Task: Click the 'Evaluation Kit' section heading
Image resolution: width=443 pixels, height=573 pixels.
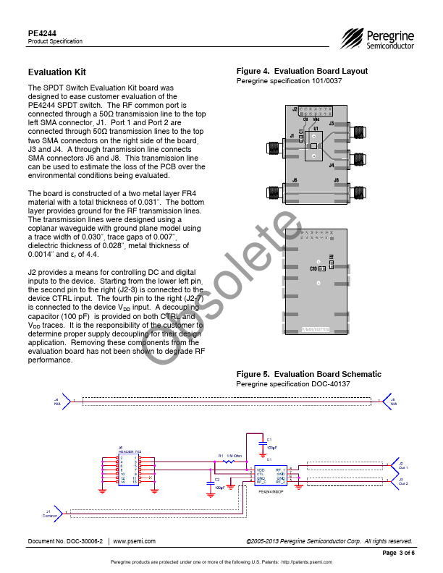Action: point(56,72)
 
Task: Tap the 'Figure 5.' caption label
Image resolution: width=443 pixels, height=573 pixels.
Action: point(253,374)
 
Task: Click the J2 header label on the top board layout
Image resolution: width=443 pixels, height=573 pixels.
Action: point(295,110)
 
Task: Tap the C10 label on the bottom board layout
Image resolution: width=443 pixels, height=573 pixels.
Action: point(313,268)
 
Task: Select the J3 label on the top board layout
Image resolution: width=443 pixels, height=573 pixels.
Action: point(332,124)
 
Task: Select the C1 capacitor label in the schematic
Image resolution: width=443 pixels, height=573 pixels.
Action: point(269,440)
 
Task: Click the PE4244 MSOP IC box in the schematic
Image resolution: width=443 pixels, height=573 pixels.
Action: point(271,475)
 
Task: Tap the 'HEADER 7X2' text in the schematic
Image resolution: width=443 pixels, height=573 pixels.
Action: point(130,451)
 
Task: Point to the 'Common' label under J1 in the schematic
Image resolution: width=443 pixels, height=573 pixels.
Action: point(48,517)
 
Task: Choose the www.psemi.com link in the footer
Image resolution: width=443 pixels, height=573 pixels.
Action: point(135,541)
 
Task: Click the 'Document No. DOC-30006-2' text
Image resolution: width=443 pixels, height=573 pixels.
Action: point(65,541)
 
